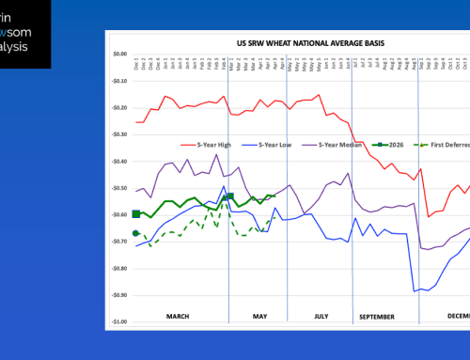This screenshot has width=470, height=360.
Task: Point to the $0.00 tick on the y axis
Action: coord(117,55)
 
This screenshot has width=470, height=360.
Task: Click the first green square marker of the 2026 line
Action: coord(136,214)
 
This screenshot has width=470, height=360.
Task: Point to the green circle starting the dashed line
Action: coord(136,233)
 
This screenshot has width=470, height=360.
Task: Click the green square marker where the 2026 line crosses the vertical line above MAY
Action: coord(228,196)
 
